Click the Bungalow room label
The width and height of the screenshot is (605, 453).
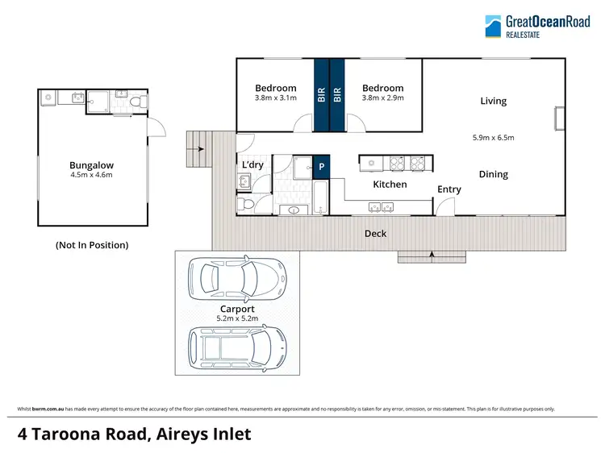tap(91, 164)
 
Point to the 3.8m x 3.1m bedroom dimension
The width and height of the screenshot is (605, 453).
tap(276, 98)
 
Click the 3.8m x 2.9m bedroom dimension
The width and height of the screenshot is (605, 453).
tap(382, 98)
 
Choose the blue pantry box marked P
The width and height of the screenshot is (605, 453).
tap(321, 167)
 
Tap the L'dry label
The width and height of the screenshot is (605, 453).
tap(253, 165)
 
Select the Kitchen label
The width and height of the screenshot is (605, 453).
tap(390, 185)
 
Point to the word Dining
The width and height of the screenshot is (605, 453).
tap(493, 174)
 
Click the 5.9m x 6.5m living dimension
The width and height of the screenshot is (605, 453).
tap(493, 138)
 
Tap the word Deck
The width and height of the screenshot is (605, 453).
tap(375, 234)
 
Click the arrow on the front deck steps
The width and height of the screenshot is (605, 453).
tap(432, 256)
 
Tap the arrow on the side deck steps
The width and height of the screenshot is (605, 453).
tap(199, 148)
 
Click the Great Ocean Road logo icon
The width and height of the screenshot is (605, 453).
tap(492, 27)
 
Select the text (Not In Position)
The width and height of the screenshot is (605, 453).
tap(91, 244)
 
